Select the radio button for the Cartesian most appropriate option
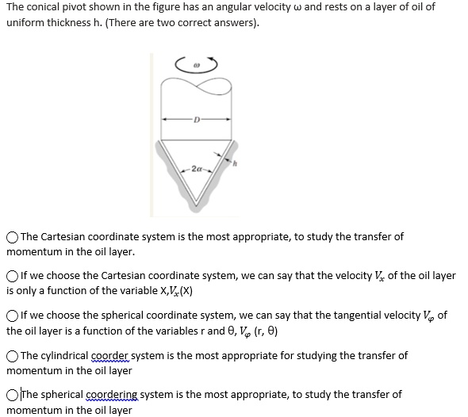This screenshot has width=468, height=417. click(13, 237)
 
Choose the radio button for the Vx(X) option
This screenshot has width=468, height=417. click(13, 276)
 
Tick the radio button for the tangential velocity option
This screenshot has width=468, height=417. click(13, 316)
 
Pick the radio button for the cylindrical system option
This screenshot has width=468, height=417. click(13, 355)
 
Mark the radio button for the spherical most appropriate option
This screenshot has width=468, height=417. click(13, 394)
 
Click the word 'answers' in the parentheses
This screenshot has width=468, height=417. click(228, 21)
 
